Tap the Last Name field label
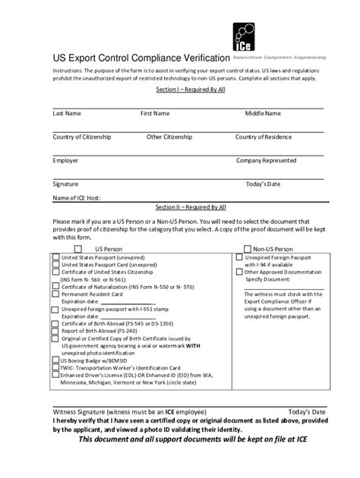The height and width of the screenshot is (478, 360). [x=67, y=113]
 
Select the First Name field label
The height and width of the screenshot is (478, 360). [x=155, y=113]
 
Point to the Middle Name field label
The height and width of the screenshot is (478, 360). [x=262, y=113]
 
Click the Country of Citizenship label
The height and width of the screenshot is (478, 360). [x=81, y=137]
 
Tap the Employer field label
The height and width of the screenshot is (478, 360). [x=65, y=160]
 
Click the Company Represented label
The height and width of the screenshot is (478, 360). [x=266, y=160]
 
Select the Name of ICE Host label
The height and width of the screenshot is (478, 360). [x=76, y=197]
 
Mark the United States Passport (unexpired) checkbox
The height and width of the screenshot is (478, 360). [x=55, y=258]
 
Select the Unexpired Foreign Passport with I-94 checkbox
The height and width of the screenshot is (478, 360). [x=238, y=258]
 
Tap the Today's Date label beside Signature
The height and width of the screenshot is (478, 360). [x=263, y=184]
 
